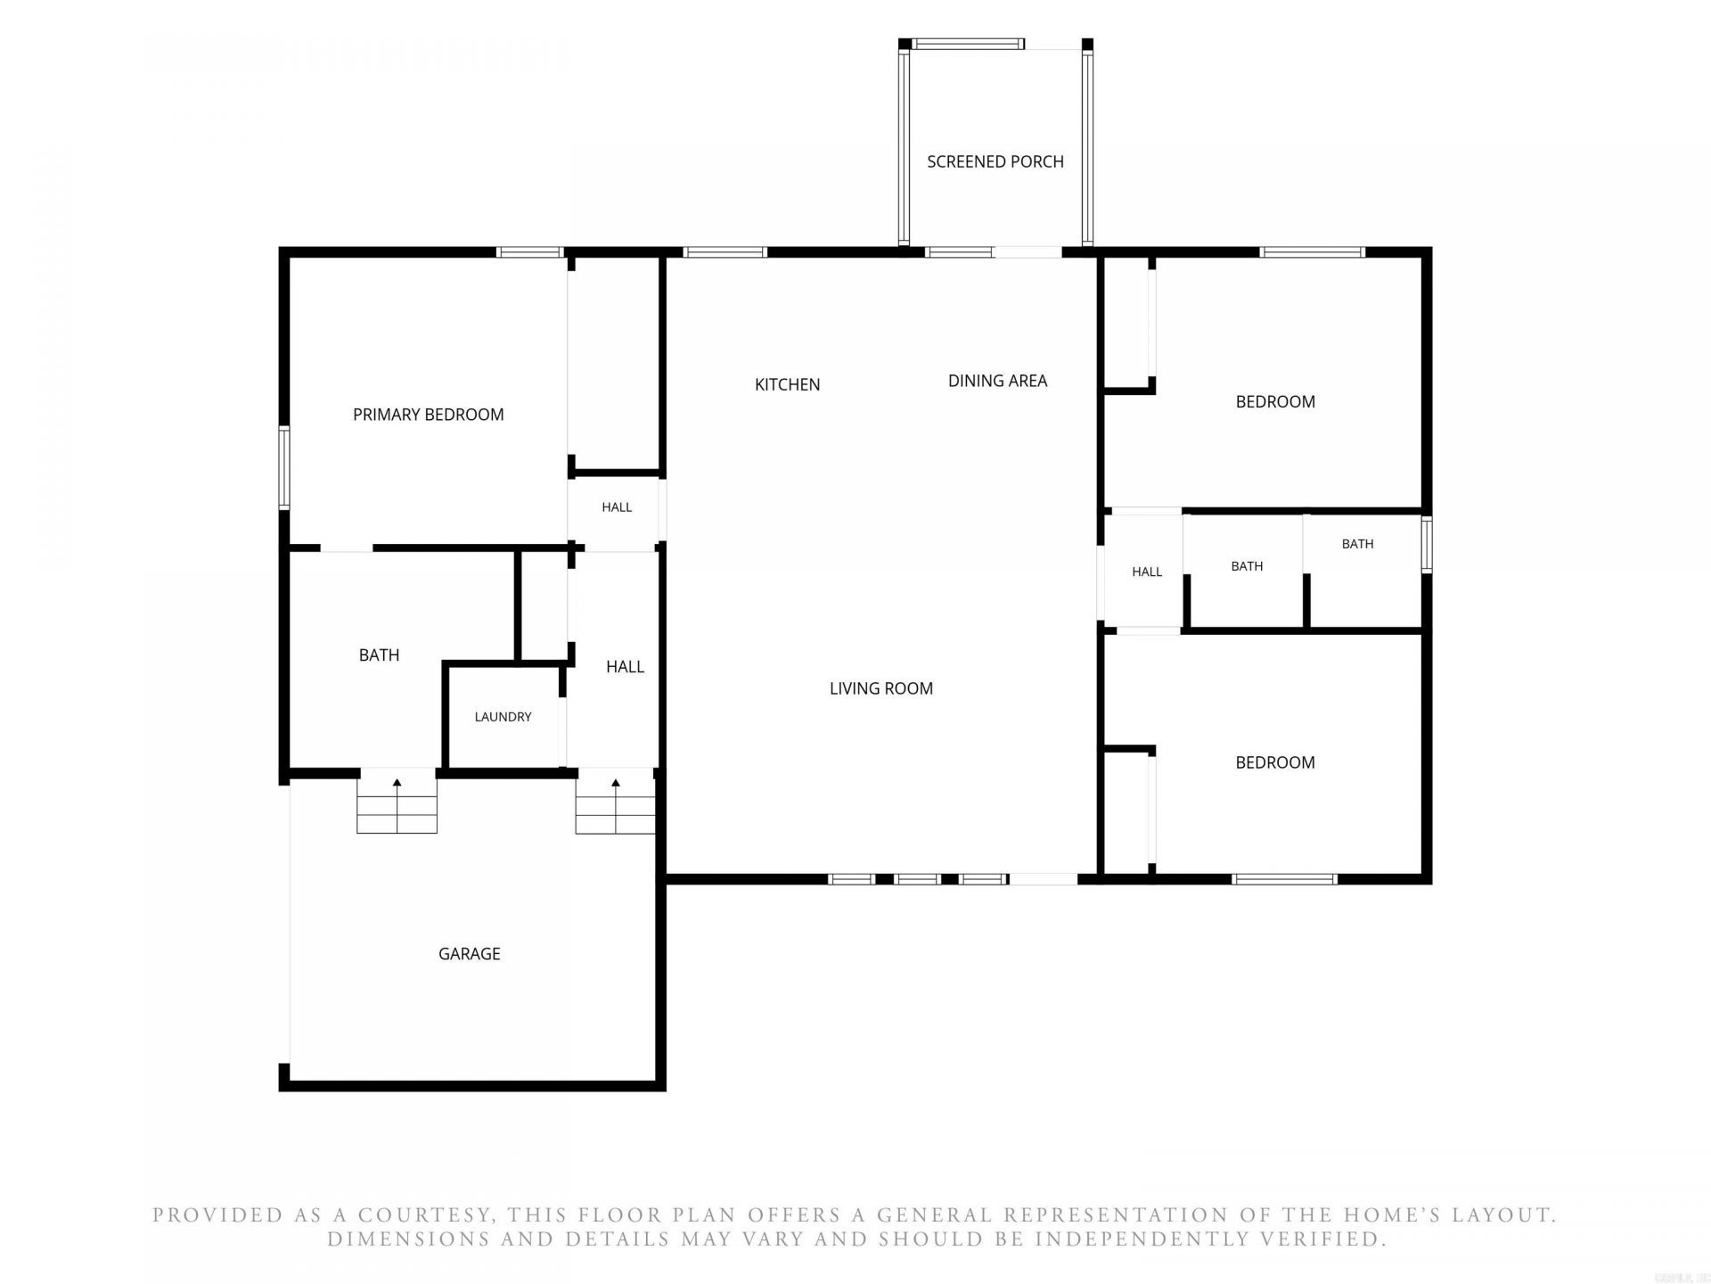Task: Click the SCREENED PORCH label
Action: point(995,161)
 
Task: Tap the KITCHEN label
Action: point(787,384)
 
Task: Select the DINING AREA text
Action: point(997,381)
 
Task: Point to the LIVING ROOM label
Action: point(881,688)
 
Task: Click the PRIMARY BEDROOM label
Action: point(429,415)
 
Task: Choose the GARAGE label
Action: point(470,954)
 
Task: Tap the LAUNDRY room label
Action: point(503,717)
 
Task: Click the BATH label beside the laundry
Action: point(379,655)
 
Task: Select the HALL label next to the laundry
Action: point(625,667)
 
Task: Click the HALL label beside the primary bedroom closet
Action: point(617,507)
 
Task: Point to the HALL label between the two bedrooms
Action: point(1147,572)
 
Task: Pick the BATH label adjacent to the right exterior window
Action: point(1357,544)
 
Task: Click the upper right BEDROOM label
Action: point(1275,402)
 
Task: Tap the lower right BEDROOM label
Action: point(1275,762)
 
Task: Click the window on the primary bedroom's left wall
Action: point(284,466)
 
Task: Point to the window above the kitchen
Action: point(725,252)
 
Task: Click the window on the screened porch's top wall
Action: point(969,44)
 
